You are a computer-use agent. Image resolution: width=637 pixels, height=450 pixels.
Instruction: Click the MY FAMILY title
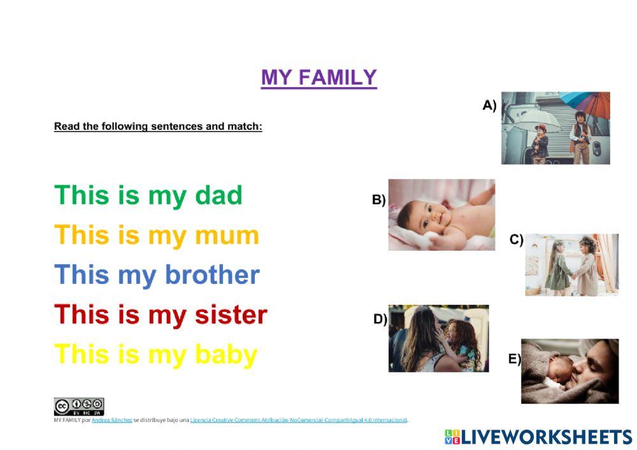click(x=318, y=78)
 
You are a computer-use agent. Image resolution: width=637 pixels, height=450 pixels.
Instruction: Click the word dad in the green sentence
click(x=218, y=195)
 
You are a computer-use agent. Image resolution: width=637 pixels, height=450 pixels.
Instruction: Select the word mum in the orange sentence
click(x=227, y=236)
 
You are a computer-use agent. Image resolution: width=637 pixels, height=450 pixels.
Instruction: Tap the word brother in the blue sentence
click(x=212, y=275)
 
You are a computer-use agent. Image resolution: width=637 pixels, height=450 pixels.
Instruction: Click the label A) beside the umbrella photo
click(x=489, y=106)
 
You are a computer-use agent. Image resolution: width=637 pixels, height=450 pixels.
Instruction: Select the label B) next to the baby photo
click(x=379, y=200)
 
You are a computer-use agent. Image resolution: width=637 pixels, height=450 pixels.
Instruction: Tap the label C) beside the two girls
click(x=517, y=240)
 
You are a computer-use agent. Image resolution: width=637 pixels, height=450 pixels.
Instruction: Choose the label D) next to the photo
click(x=380, y=320)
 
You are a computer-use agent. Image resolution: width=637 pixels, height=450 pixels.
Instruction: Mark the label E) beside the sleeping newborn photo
click(x=514, y=359)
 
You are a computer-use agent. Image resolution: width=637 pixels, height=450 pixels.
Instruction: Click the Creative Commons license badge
click(x=79, y=406)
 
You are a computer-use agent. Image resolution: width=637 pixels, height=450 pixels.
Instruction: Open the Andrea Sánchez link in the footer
click(x=112, y=420)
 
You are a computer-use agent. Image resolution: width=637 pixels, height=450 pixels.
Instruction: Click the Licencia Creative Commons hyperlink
click(x=298, y=420)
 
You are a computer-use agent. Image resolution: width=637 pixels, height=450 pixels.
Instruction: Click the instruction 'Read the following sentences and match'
click(x=158, y=126)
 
